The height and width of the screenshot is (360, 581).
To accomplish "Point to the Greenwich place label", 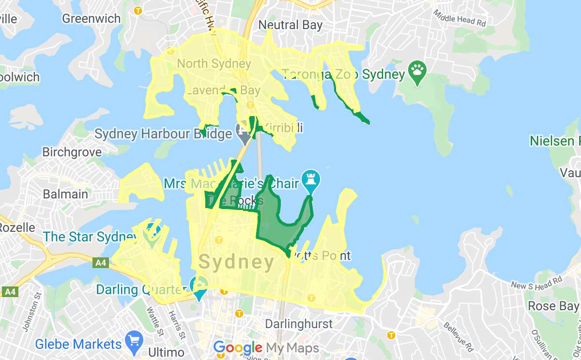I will click(x=91, y=19).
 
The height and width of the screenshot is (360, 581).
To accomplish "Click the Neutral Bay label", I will click(x=290, y=25).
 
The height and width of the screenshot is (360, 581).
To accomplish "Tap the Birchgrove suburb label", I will click(x=72, y=152).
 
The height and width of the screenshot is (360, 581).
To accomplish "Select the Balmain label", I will click(x=65, y=195).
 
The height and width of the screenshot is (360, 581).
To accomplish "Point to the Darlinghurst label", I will click(x=299, y=324).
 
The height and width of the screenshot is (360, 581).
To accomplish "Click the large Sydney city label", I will click(x=237, y=263).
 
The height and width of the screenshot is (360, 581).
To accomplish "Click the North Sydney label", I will click(x=214, y=63).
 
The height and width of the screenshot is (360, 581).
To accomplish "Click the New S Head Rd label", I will click(x=536, y=283).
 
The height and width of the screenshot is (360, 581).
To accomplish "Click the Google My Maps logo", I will click(x=266, y=348).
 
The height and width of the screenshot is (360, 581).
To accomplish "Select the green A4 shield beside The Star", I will click(x=100, y=263).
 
